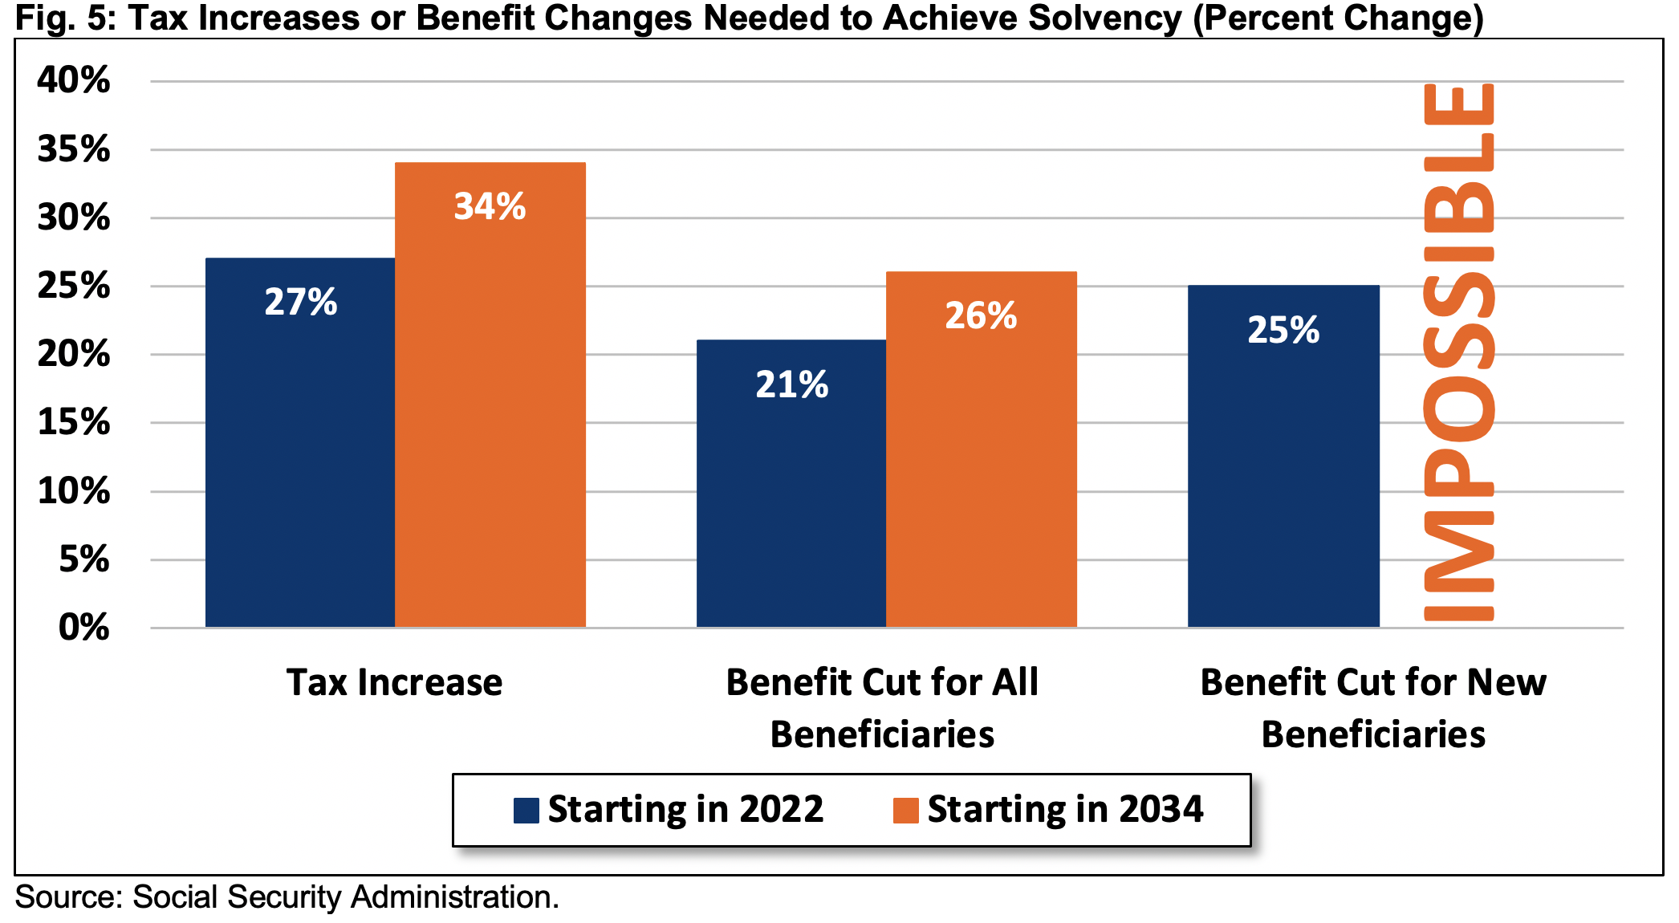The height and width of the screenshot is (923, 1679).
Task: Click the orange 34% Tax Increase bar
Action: point(490,395)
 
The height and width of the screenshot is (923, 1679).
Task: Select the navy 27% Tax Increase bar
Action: point(300,442)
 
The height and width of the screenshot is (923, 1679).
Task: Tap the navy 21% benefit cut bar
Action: point(791,483)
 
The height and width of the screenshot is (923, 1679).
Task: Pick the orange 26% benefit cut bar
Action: point(981,449)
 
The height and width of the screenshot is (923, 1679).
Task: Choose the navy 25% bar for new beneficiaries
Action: point(1283,456)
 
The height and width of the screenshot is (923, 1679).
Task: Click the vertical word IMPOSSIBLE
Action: point(1458,352)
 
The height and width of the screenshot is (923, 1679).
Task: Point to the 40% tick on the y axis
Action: point(74,80)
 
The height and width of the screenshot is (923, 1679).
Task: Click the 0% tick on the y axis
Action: point(84,627)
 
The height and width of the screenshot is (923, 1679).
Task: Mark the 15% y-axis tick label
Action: point(74,422)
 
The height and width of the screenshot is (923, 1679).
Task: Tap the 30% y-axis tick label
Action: point(74,218)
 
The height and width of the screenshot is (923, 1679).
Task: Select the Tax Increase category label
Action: point(395,683)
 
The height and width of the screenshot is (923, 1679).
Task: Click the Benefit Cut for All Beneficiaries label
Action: point(882,709)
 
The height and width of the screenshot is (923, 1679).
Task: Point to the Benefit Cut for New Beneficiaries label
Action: point(1373,709)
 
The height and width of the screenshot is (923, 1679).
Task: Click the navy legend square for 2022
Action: point(526,811)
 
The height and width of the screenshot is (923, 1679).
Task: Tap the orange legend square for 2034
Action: point(906,811)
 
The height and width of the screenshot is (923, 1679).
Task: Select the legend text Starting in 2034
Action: point(1066,810)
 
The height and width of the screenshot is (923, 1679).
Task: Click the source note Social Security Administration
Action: point(345,897)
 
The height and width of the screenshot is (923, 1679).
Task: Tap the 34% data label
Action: point(490,206)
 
